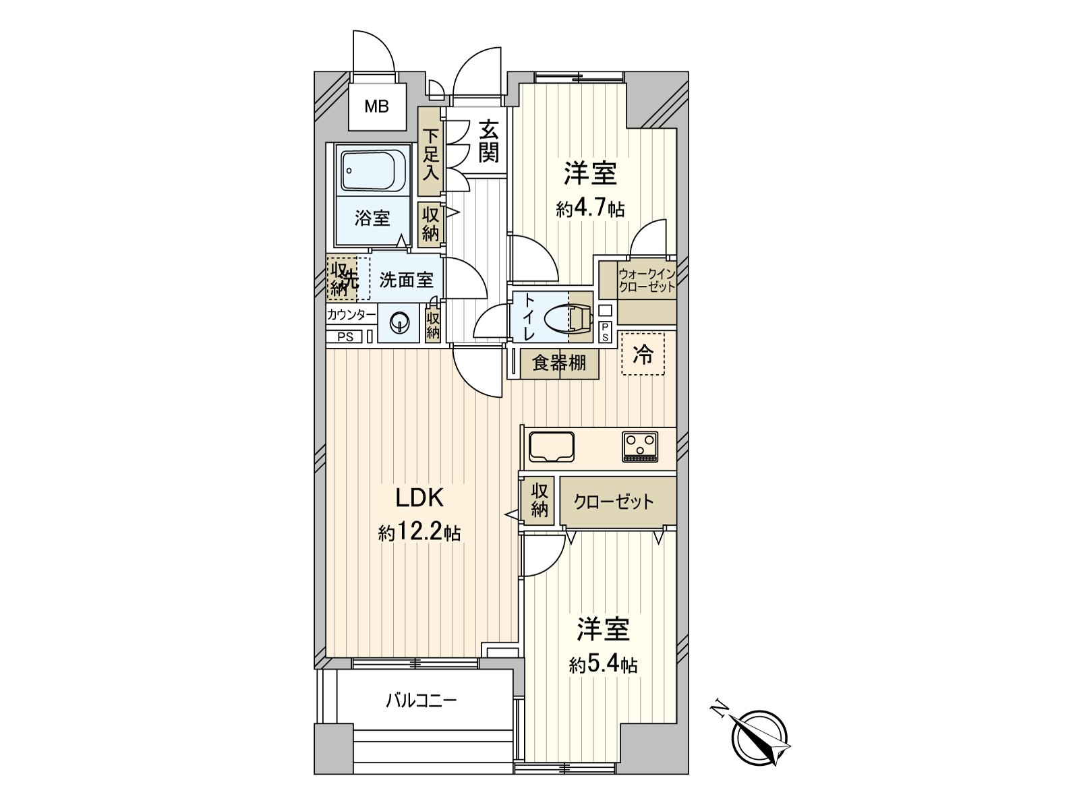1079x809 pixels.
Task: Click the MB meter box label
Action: pos(376,106)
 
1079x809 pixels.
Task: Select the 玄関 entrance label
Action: pos(489,142)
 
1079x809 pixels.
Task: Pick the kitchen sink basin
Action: pos(551,446)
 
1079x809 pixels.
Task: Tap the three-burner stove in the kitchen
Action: pos(639,446)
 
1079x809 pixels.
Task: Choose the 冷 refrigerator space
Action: pos(643,354)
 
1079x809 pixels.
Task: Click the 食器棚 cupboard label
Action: pos(560,363)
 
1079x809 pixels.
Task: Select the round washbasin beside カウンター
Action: pos(399,322)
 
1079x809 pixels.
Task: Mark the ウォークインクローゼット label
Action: pos(647,280)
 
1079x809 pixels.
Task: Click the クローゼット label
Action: pos(614,502)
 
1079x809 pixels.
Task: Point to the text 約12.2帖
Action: pos(419,532)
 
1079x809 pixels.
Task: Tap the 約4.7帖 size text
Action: pos(590,209)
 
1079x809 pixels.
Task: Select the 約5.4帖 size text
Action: pos(603,665)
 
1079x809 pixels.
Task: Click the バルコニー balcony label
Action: pos(421,700)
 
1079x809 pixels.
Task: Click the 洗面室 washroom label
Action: pos(406,280)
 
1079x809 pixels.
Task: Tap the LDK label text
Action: pos(420,498)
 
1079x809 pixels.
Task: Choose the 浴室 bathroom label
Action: pos(372,218)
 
